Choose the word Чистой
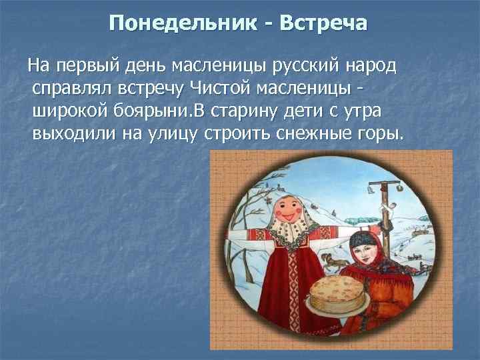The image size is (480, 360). [224, 89]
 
